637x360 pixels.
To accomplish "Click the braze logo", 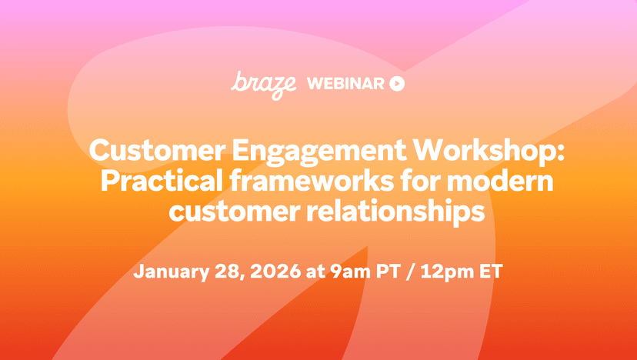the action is pyautogui.click(x=263, y=85).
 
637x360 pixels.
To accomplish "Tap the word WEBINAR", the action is pyautogui.click(x=345, y=84).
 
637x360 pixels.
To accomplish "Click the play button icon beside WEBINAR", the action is pyautogui.click(x=397, y=84).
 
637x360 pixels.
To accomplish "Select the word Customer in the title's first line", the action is pyautogui.click(x=157, y=150).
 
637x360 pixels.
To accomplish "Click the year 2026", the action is pyautogui.click(x=275, y=272).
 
